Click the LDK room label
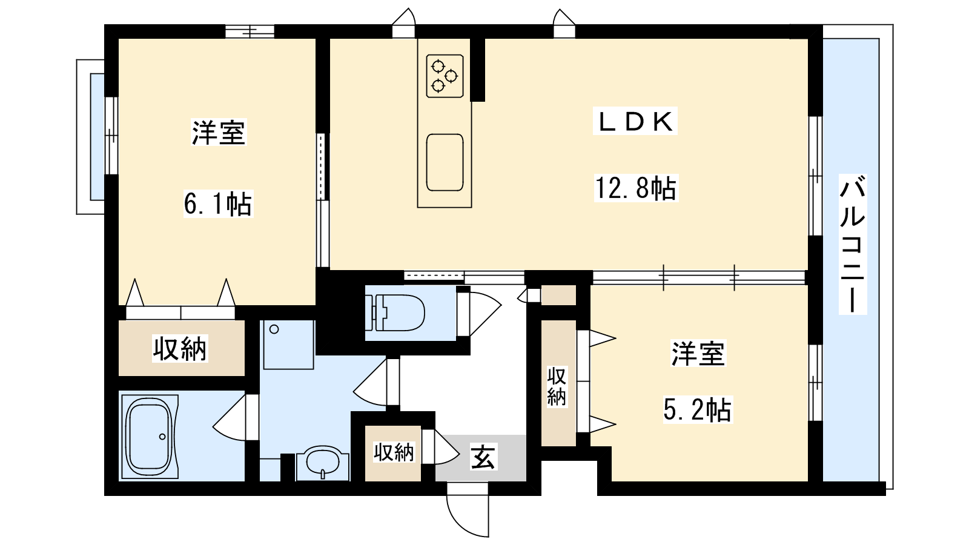tap(635, 121)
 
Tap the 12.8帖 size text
tap(636, 188)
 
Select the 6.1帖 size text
tap(217, 203)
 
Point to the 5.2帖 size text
tap(697, 409)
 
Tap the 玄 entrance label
tap(483, 457)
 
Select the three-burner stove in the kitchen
tap(445, 76)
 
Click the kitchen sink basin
tap(445, 162)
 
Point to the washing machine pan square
tap(288, 345)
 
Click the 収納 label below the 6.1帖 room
tap(180, 348)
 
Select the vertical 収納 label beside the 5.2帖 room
tap(557, 386)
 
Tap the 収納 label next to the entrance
tap(394, 452)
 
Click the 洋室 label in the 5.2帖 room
tap(698, 354)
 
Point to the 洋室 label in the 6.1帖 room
tap(219, 133)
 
